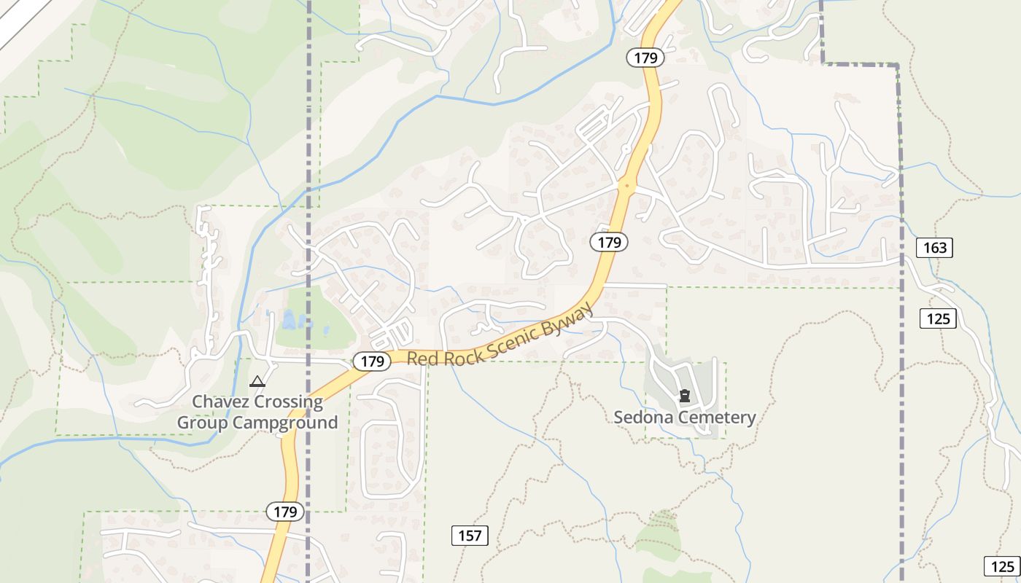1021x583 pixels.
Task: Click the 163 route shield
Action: click(934, 248)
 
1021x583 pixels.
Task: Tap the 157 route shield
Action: click(470, 536)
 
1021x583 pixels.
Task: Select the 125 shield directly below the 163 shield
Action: click(937, 318)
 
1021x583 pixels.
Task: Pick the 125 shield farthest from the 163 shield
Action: click(1001, 566)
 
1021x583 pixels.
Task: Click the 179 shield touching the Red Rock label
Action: click(372, 361)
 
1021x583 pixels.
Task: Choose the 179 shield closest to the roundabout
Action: click(608, 242)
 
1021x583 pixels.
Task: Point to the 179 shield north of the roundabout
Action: click(645, 58)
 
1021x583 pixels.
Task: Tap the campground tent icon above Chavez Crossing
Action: click(257, 381)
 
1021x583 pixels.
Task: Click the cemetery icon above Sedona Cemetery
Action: click(684, 396)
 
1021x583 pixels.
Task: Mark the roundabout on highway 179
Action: click(625, 186)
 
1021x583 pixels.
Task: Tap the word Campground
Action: click(285, 423)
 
